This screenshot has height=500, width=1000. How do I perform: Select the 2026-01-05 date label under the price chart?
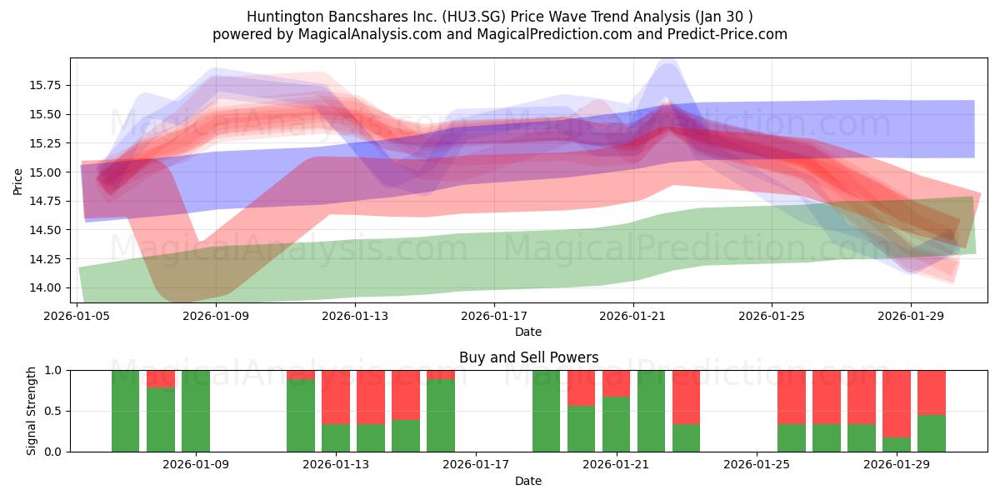[x=77, y=316]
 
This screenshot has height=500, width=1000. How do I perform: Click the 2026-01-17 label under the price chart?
[x=494, y=316]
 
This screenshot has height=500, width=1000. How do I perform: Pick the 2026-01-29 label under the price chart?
[x=910, y=316]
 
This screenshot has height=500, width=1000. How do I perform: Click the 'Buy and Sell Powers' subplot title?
[x=528, y=357]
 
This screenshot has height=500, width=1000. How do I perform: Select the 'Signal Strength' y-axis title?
[x=31, y=411]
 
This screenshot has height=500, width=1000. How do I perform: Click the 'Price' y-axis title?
[x=18, y=180]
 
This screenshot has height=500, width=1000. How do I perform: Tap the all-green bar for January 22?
[x=652, y=411]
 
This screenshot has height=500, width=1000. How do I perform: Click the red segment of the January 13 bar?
[x=336, y=397]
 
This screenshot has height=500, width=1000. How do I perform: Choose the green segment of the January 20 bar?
[x=582, y=429]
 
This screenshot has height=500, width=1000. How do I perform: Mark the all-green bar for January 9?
[x=196, y=411]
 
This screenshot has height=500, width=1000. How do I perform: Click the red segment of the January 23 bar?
[x=687, y=397]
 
